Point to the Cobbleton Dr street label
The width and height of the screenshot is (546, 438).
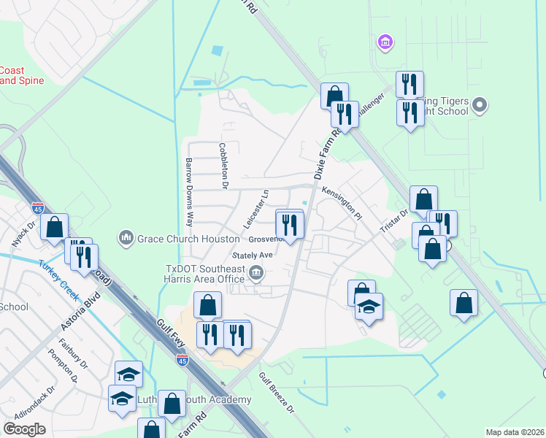click(223, 167)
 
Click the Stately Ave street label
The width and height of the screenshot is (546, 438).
click(253, 255)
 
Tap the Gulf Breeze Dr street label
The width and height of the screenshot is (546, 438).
click(277, 393)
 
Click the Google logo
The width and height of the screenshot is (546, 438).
click(24, 429)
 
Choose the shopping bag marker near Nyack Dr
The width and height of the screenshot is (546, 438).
click(55, 228)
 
